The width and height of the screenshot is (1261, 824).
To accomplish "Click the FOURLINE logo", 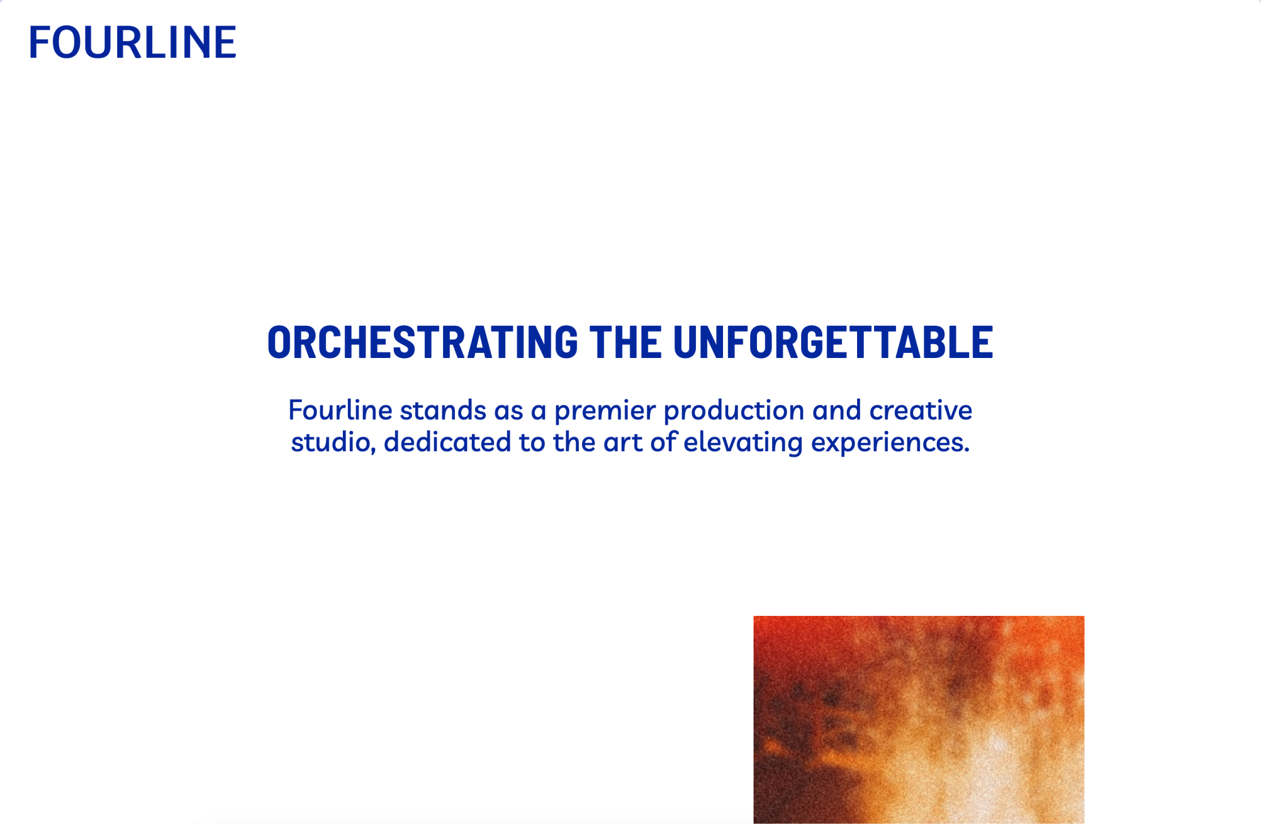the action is pos(132,42).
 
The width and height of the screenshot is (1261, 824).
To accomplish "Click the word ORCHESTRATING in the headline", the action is pos(423,343).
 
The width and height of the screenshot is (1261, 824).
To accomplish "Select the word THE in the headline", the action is pos(626,343).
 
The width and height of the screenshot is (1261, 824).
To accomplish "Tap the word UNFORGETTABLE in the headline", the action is pos(833,343).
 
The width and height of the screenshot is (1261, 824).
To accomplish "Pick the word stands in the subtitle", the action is pos(443,410).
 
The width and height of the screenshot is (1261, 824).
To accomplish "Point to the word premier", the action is pos(605,412).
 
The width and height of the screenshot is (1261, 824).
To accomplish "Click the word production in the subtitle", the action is pos(734,412).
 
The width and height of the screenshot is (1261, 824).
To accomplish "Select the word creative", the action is pos(921,410).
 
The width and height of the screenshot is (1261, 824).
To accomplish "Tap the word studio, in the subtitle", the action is pos(334,442).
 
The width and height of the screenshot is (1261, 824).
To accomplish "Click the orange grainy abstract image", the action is pos(919,719).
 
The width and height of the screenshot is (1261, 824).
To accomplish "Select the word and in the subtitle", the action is pos(837,410).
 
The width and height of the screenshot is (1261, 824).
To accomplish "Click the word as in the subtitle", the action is pos(509,412).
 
